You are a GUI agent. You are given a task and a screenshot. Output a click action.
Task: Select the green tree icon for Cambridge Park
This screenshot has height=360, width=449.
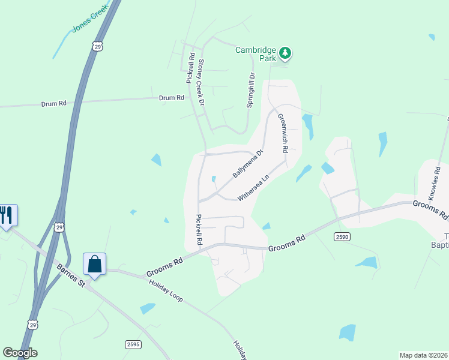(x=285, y=54)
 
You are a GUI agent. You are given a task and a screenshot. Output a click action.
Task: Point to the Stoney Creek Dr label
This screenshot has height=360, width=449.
(x=201, y=83)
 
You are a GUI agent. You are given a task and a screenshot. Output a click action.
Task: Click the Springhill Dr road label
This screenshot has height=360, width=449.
(x=251, y=90)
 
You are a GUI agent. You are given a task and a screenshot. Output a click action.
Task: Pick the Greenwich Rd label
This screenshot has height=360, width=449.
(x=283, y=132)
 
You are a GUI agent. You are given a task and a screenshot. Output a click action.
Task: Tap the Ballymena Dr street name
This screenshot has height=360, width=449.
(x=248, y=163)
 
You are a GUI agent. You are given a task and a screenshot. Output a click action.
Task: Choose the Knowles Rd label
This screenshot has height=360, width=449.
(x=435, y=183)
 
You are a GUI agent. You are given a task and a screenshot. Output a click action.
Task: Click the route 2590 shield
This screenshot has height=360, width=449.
(x=342, y=237)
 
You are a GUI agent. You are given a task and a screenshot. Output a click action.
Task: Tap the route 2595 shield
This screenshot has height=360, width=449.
(x=134, y=344)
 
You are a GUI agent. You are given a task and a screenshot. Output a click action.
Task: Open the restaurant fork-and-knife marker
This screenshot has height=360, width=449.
(x=6, y=215)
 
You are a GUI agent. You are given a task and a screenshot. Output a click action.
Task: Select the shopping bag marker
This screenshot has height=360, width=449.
(x=95, y=263)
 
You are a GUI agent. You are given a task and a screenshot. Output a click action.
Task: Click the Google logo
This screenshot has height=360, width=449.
(x=20, y=353)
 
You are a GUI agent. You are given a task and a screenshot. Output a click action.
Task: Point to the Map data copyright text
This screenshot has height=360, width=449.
(x=424, y=355)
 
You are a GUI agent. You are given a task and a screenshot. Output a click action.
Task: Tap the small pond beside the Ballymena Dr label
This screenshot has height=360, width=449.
(x=214, y=178)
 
